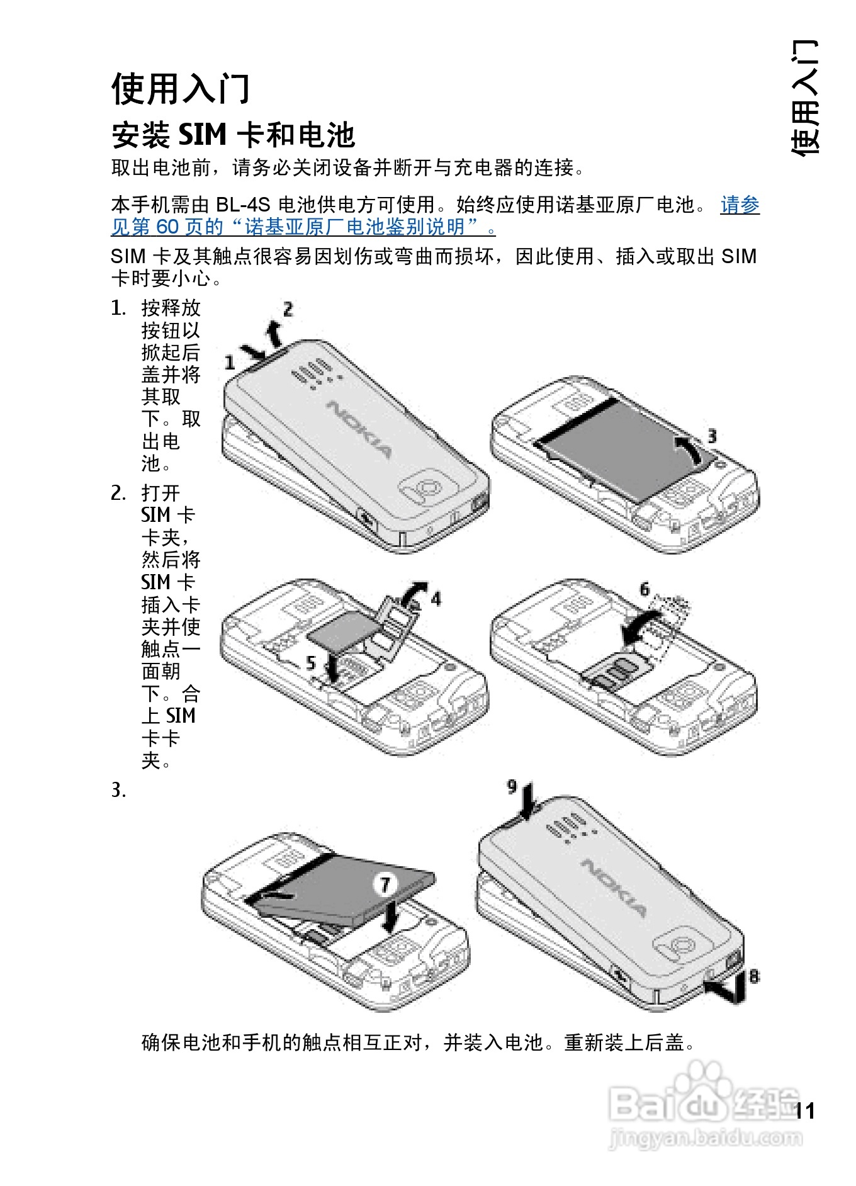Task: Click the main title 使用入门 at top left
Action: click(x=181, y=88)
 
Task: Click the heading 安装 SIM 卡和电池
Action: click(x=233, y=135)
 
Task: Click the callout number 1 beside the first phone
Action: click(x=230, y=363)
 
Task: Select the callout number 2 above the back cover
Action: click(x=288, y=309)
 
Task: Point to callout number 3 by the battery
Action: click(x=712, y=436)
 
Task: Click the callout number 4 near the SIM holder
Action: click(x=436, y=599)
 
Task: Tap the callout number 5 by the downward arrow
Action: click(x=310, y=662)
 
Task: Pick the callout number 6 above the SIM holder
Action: click(x=645, y=589)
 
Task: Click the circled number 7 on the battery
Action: click(x=385, y=884)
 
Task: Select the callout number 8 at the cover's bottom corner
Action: click(x=753, y=976)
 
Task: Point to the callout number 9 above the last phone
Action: click(x=512, y=786)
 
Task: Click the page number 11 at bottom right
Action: click(x=805, y=1110)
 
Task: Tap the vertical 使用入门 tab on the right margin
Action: click(x=806, y=98)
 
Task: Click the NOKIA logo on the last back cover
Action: click(x=614, y=887)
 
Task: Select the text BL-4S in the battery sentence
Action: click(x=243, y=205)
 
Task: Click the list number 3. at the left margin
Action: click(x=119, y=790)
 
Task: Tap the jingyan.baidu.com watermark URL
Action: click(x=706, y=1138)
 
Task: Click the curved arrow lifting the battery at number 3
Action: click(x=689, y=448)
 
